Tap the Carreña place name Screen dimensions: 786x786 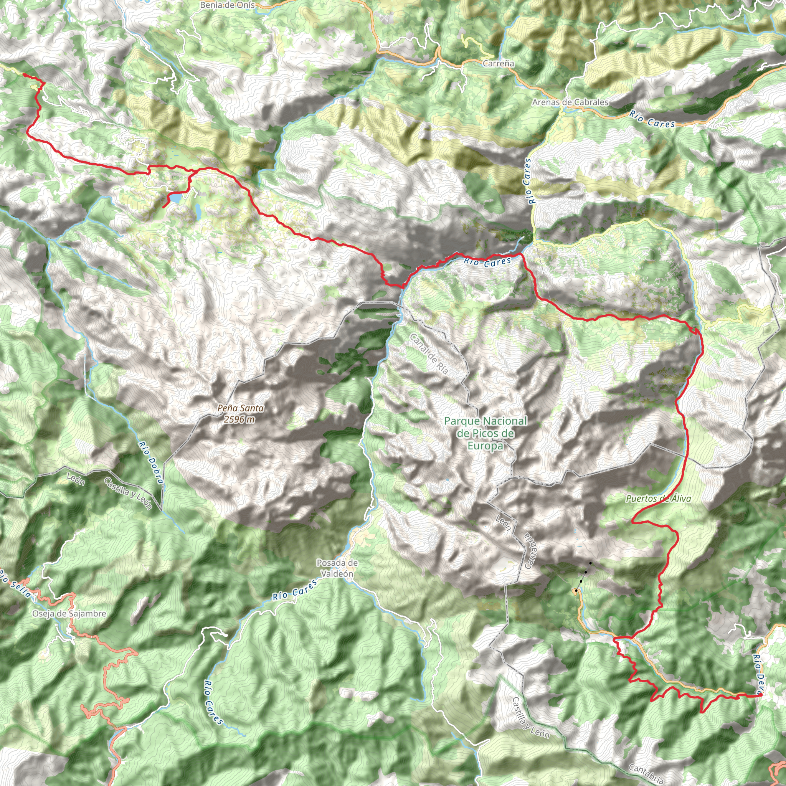click(499, 63)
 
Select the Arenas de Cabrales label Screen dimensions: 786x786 click(570, 102)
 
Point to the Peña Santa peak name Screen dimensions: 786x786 click(240, 408)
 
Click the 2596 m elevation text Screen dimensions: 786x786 click(239, 419)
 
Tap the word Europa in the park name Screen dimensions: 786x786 click(485, 446)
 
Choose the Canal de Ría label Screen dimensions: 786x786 click(429, 353)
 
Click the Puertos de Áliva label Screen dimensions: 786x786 click(658, 499)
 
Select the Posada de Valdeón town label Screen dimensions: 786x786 click(337, 568)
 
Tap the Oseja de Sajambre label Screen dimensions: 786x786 click(69, 614)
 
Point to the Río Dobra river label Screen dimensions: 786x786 click(150, 462)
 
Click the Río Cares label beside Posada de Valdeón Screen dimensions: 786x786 click(295, 590)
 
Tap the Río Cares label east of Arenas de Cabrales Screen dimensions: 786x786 click(652, 119)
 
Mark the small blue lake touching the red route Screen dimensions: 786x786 click(175, 198)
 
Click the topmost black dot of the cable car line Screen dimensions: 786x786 click(590, 563)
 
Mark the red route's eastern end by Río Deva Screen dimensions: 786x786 click(760, 695)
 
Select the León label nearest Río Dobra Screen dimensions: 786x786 click(76, 479)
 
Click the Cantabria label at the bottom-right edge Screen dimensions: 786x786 click(646, 773)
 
